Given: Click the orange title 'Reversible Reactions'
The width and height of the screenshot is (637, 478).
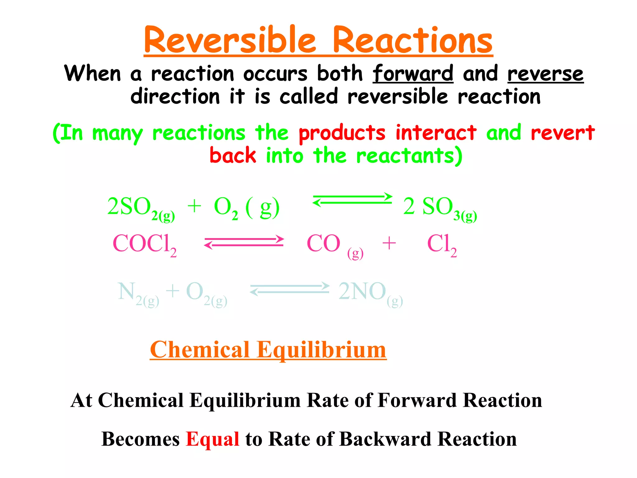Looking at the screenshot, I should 318,40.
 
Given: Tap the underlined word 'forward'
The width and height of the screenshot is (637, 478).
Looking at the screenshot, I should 413,74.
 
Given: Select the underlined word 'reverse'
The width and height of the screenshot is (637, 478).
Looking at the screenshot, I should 545,74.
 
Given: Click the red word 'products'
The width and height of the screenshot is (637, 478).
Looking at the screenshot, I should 342,133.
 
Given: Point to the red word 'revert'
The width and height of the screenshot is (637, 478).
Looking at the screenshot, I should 562,133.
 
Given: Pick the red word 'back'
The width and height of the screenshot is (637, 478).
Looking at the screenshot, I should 233,155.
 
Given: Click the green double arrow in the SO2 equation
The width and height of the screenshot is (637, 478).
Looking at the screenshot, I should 352,199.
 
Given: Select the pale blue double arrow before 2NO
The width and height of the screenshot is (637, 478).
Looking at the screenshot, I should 290,289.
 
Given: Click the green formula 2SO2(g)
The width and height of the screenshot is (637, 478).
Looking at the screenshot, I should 141,208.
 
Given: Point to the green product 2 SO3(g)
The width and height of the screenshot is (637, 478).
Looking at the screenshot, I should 439,208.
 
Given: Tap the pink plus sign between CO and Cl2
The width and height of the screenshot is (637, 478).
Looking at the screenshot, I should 389,243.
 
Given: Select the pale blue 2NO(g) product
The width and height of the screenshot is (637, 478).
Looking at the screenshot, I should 370,293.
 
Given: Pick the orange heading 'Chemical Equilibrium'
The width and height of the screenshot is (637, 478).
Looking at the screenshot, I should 268,350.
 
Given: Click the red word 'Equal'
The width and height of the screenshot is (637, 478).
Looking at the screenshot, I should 212,439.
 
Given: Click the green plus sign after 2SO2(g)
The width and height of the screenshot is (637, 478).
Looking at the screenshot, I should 194,206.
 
